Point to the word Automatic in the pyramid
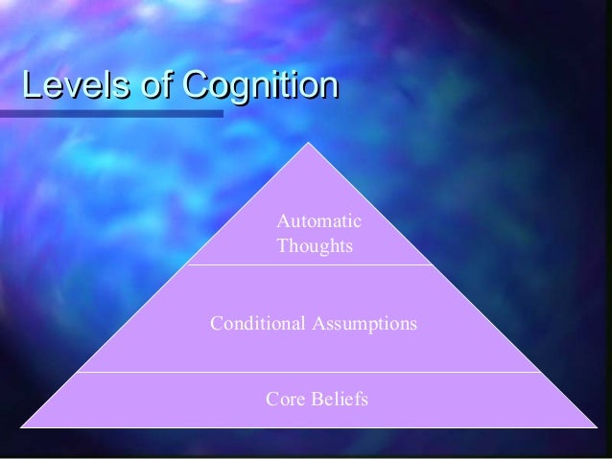click(x=318, y=222)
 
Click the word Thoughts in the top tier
click(x=315, y=246)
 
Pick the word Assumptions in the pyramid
click(x=364, y=324)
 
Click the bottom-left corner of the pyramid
click(x=22, y=426)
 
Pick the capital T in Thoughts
click(x=283, y=246)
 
